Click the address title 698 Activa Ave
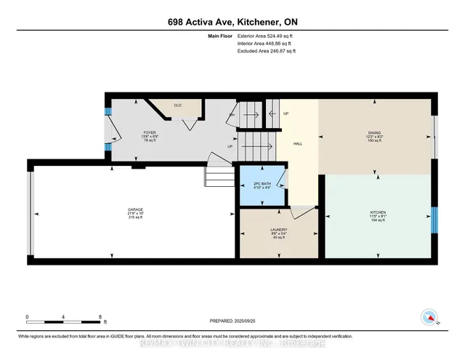click(232, 22)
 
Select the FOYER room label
click(150, 133)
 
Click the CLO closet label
click(177, 105)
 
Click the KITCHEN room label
click(378, 212)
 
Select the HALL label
click(297, 143)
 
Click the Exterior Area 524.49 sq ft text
click(267, 36)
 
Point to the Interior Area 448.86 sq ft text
click(267, 44)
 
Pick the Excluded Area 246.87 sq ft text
click(267, 51)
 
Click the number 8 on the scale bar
click(100, 316)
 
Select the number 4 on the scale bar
click(64, 316)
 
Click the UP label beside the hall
click(286, 113)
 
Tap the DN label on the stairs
click(232, 116)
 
